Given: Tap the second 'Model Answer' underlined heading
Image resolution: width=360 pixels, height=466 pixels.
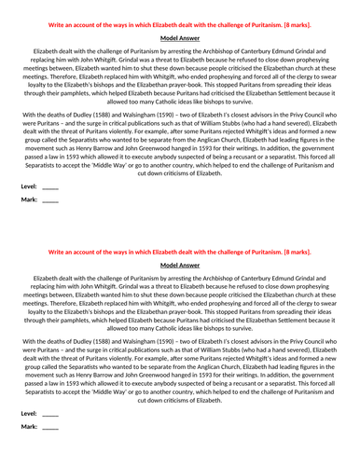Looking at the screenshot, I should coord(181,265).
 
